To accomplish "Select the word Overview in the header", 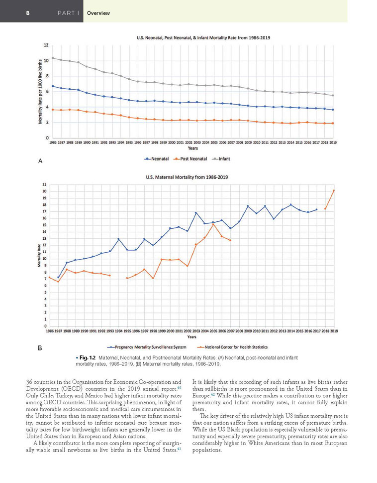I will [98, 13].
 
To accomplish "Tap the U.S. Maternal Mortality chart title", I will [187, 176].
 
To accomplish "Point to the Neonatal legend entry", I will [157, 159].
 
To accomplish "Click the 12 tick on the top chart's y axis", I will [46, 45].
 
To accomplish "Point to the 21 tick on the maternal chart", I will [45, 184].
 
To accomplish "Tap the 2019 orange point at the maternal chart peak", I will [334, 190].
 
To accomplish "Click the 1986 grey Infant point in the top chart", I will [52, 58].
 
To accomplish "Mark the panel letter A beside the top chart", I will [40, 161].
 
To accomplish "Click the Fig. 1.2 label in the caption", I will [85, 358].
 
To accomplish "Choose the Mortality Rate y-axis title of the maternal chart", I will [39, 255].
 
